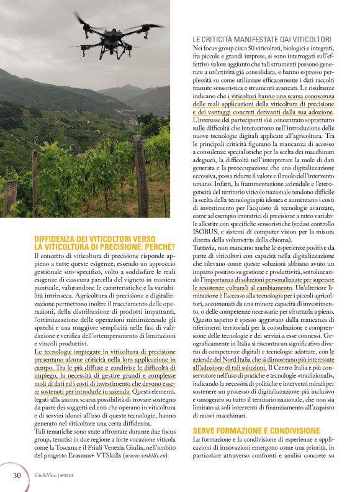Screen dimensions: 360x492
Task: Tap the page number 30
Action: click(17, 475)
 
